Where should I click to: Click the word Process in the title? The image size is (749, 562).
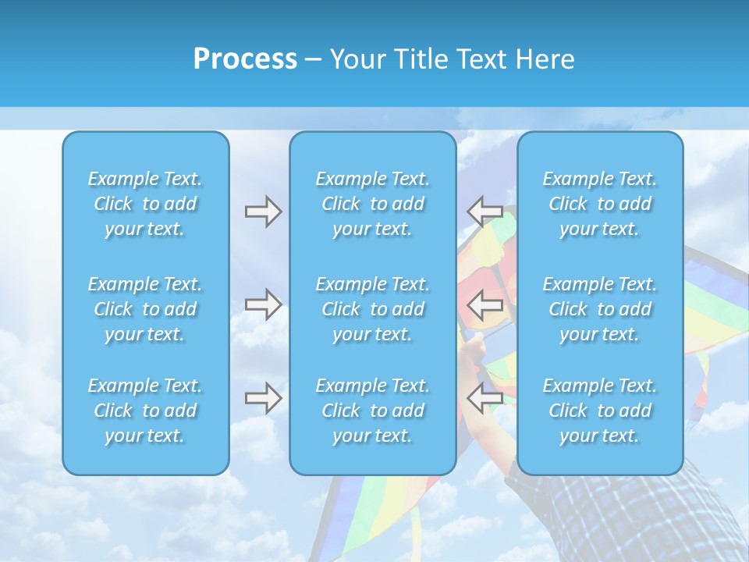coord(245,59)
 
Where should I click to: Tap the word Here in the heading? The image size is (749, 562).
coord(545,59)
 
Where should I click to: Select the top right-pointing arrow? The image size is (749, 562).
coord(263,212)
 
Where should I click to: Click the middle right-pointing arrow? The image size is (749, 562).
coord(263,304)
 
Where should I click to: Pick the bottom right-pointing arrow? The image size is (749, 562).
coord(263,398)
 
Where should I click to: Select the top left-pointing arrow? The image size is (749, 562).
coord(485,212)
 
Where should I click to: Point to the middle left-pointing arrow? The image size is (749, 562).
coord(485,304)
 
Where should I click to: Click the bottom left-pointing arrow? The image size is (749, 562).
coord(485,398)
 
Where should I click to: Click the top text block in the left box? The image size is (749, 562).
coord(145,204)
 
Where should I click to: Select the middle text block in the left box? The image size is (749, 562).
coord(145,309)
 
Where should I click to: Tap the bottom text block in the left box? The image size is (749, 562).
coord(145,411)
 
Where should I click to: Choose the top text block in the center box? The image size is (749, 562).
coord(372,204)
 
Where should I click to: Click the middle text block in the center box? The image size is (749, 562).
coord(372,309)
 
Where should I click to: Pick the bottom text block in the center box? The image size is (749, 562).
coord(372,411)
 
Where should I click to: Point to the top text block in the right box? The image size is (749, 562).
coord(599,204)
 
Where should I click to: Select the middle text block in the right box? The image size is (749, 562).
coord(599,309)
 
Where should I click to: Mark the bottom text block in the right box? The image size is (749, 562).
coord(599,411)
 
